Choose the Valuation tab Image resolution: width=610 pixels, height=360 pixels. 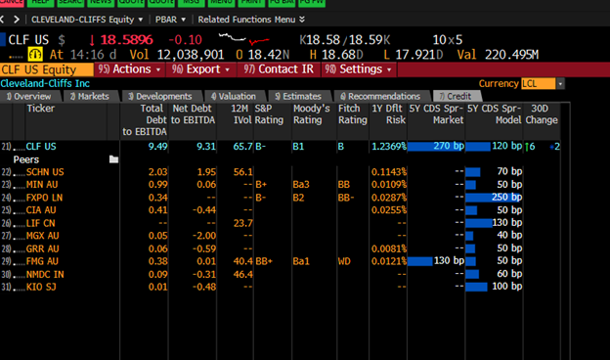click(232, 96)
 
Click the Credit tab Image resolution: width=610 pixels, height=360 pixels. click(456, 96)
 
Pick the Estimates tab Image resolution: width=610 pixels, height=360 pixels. click(298, 96)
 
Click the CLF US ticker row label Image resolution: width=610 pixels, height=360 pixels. click(41, 146)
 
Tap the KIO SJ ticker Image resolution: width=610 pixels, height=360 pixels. click(41, 287)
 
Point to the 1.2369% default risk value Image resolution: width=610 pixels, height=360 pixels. click(384, 146)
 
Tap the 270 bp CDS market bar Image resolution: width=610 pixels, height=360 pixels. click(434, 146)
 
